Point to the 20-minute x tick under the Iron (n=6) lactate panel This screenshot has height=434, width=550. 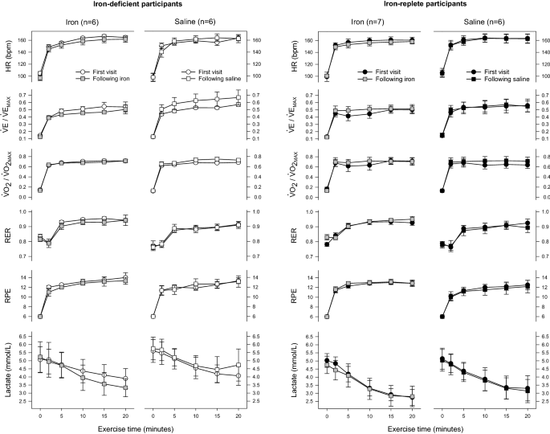pyautogui.click(x=124, y=416)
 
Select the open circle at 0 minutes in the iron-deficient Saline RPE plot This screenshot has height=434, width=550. pyautogui.click(x=153, y=317)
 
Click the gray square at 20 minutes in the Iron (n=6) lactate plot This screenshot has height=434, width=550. pyautogui.click(x=124, y=388)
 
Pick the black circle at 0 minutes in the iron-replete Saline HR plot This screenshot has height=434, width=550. pyautogui.click(x=442, y=73)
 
